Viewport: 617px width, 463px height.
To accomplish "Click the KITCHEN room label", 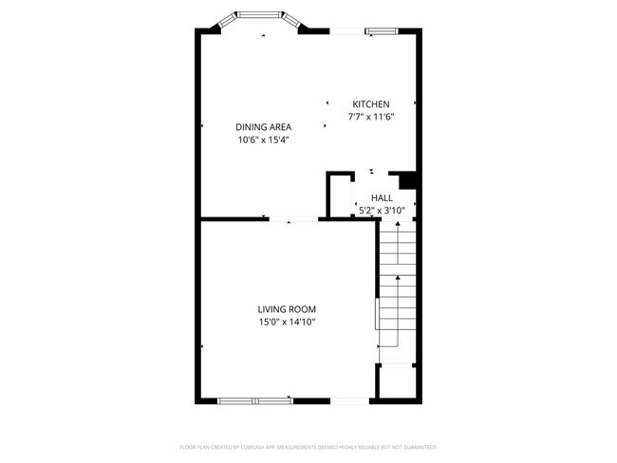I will (371, 104).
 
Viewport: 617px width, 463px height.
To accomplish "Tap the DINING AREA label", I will (263, 127).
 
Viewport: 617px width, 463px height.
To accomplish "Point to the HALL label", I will (382, 198).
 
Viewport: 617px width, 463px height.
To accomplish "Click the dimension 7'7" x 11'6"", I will (371, 118).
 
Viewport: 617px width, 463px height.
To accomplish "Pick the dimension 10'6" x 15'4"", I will (263, 140).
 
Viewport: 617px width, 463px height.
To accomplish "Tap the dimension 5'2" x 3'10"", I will (382, 211).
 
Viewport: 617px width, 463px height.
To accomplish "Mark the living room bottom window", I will (255, 400).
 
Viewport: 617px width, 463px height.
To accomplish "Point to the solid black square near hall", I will (408, 180).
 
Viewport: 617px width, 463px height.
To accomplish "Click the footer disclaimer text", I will (308, 446).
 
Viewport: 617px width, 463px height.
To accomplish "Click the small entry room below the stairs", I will (396, 382).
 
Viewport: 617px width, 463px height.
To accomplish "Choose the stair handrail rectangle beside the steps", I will (378, 313).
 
